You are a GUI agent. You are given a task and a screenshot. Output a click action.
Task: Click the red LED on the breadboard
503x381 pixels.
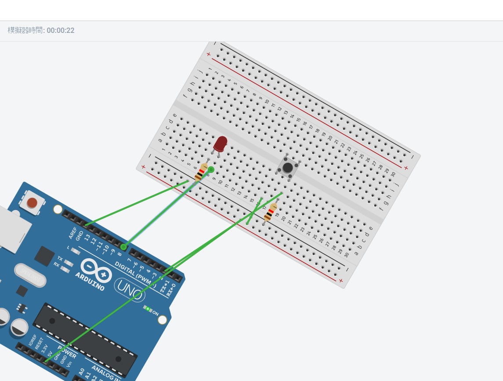tap(220, 144)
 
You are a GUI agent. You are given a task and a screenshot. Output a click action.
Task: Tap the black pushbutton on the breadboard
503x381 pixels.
tap(288, 167)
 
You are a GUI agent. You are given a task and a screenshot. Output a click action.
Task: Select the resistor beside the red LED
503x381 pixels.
tap(202, 171)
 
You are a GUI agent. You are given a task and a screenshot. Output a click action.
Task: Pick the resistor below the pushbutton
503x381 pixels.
tap(271, 212)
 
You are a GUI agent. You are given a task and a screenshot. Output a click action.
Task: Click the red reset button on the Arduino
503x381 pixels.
tap(32, 203)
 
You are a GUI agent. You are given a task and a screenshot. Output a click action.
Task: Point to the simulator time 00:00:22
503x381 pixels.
tap(61, 31)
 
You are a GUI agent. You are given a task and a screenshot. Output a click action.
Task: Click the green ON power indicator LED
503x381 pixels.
tap(148, 309)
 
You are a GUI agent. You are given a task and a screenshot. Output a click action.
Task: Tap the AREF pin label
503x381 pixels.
tap(73, 233)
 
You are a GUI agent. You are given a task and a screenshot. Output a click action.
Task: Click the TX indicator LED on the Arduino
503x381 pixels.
tap(69, 263)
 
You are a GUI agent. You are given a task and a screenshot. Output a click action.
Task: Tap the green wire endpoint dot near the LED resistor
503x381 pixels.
tap(211, 170)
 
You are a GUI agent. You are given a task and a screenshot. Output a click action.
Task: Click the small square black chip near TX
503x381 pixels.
tap(44, 256)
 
